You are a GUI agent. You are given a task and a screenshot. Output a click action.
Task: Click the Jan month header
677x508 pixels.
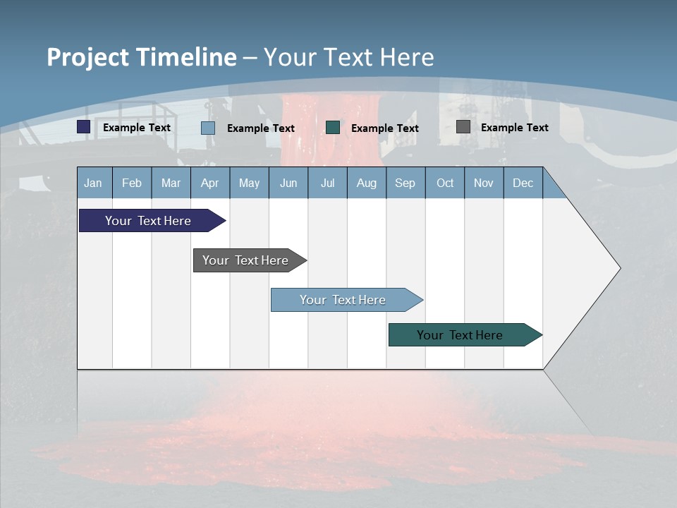coord(93,183)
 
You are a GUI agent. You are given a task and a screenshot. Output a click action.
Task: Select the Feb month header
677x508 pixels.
coord(132,183)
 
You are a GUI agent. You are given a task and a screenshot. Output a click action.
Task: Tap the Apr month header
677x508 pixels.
coord(209,183)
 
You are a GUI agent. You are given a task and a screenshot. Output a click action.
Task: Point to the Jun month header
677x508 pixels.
coord(288,183)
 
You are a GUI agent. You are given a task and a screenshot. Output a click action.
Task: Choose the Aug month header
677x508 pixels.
coord(366,183)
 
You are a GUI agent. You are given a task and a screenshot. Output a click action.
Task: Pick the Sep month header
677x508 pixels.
coord(405,183)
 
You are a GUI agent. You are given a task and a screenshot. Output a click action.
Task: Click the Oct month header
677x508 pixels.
coord(445,183)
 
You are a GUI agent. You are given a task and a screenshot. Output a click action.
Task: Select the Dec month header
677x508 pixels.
coord(523,183)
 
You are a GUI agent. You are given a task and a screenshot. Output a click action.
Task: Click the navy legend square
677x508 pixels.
coord(84,127)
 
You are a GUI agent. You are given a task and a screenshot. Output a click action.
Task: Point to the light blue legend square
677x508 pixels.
coord(208,128)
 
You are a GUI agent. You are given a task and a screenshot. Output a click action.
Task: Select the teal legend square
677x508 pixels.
coord(333,128)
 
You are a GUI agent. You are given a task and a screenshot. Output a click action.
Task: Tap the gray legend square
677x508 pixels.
coord(463,127)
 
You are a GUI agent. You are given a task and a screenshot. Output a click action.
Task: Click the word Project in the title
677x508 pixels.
coord(88,57)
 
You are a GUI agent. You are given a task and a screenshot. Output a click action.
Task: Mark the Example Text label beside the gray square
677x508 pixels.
coord(514,128)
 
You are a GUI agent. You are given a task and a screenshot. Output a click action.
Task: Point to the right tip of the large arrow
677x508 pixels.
coord(618,268)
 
